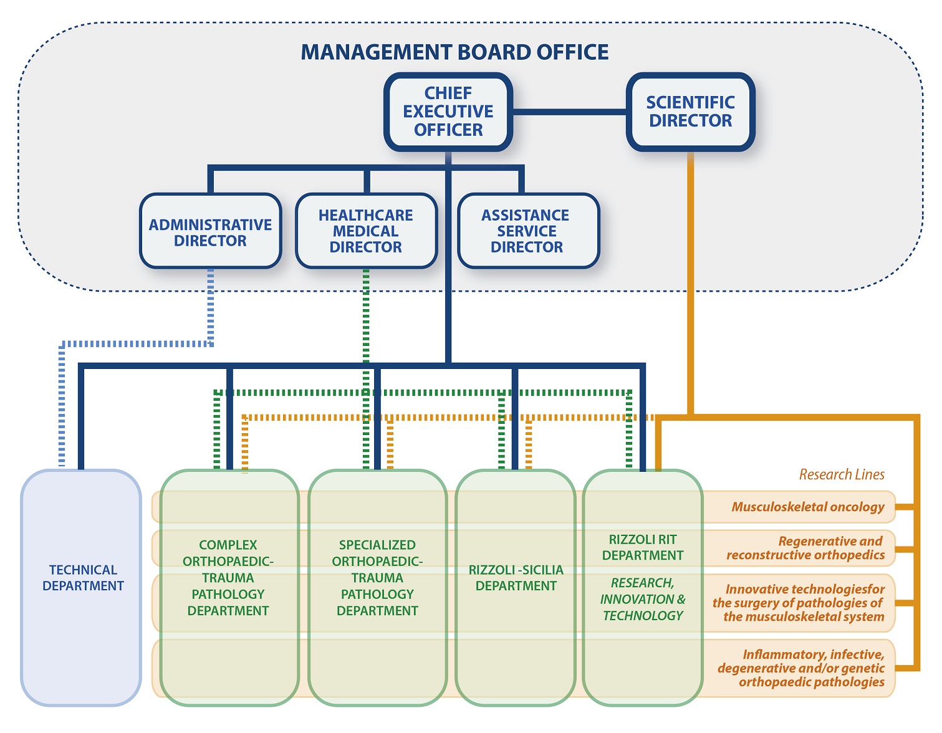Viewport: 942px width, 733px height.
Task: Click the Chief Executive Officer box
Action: pos(448,112)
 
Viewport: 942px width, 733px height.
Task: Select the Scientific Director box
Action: pos(690,112)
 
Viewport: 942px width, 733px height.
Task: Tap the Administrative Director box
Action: pos(210,232)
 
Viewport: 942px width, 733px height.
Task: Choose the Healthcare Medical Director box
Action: pos(366,231)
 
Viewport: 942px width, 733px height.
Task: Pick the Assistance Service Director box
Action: pos(526,231)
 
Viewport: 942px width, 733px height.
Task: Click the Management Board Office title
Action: pos(454,52)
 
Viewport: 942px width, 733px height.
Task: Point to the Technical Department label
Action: pos(83,578)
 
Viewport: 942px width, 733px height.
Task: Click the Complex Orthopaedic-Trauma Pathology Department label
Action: pos(228,578)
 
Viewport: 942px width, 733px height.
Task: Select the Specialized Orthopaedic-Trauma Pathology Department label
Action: pos(377,578)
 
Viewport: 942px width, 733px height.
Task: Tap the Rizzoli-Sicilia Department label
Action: pos(516,578)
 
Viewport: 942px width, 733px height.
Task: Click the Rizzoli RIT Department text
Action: pos(643,547)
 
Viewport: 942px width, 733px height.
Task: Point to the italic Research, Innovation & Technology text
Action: pos(643,599)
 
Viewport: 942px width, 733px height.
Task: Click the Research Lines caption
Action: pos(842,474)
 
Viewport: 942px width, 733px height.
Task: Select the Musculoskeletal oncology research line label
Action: pos(808,507)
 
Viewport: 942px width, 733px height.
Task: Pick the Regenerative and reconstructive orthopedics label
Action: pos(805,548)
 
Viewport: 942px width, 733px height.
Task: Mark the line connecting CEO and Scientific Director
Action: pos(569,112)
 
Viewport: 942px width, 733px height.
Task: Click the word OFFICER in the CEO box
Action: pos(448,130)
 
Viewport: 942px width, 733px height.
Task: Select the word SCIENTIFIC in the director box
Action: pos(690,102)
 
